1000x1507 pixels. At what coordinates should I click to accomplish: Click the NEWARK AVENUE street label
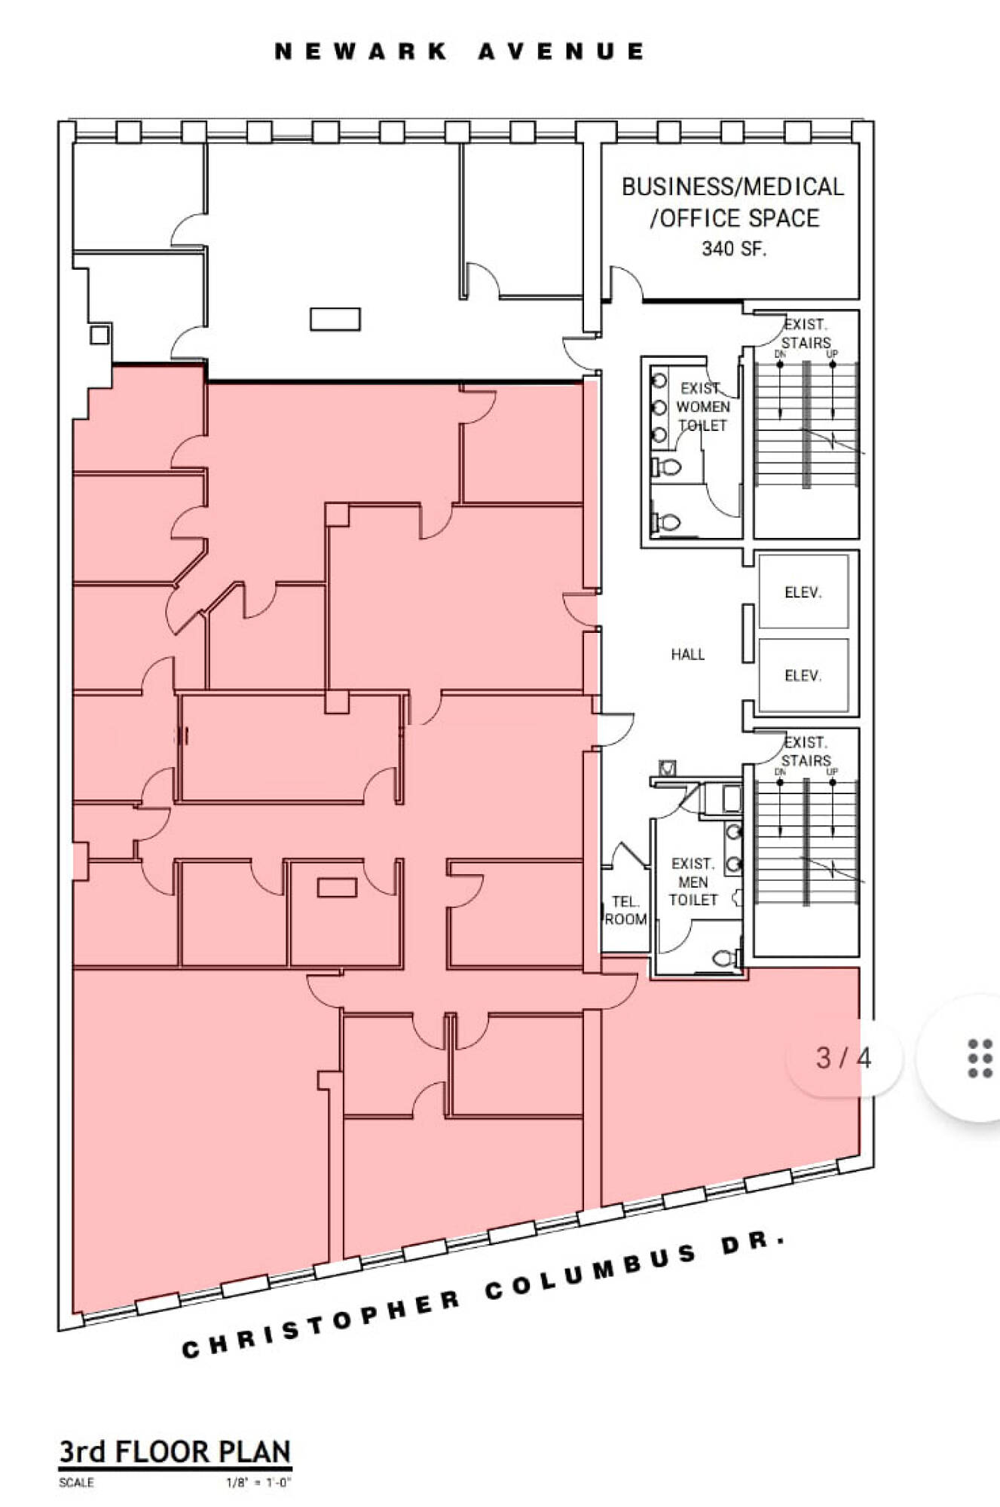tap(460, 51)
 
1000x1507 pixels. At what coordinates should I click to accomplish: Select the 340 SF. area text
tap(734, 249)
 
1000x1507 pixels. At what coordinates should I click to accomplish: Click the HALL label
tap(688, 654)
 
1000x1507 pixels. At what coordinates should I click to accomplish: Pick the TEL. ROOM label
tap(625, 910)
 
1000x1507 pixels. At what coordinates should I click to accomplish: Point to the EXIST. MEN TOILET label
tap(693, 882)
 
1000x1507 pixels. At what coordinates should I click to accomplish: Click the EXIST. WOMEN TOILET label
tap(702, 406)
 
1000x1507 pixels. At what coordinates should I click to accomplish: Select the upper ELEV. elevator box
tap(803, 592)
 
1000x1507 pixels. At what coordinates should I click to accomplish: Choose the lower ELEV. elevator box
tap(803, 675)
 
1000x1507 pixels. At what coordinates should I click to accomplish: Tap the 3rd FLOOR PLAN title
tap(175, 1451)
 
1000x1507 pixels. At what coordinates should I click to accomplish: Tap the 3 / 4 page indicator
tap(843, 1058)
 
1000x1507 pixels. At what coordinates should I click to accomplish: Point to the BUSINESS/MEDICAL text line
tap(732, 187)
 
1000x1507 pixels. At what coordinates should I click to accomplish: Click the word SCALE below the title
tap(76, 1483)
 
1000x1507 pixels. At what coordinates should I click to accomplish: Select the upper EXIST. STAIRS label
tap(806, 333)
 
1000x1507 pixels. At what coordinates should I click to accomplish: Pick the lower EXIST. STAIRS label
tap(806, 751)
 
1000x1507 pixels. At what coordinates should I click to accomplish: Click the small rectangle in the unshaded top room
tap(335, 319)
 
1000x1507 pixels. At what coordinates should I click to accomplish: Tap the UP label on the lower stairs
tap(832, 772)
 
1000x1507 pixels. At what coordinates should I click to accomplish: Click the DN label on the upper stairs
tap(780, 353)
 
